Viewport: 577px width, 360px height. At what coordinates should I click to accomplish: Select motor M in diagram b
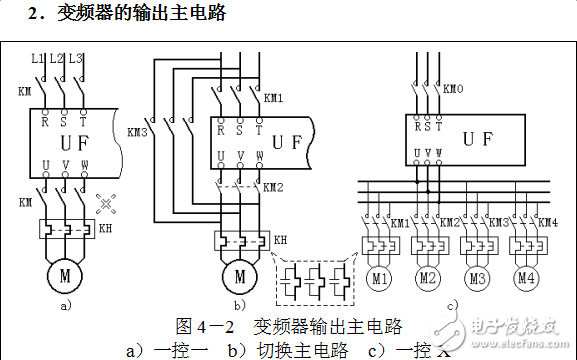(x=239, y=273)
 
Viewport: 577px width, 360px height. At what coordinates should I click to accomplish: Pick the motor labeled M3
(x=476, y=276)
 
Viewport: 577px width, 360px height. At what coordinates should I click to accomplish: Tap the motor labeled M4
(x=523, y=276)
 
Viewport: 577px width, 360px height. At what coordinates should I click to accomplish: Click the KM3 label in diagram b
(x=138, y=130)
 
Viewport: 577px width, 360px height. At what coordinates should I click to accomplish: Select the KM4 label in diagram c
(x=547, y=222)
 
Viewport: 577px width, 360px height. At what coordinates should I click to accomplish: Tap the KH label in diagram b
(x=280, y=240)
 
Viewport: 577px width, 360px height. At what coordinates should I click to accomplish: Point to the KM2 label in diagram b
(x=273, y=187)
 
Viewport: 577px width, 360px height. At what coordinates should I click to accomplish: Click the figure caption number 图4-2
(x=204, y=326)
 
